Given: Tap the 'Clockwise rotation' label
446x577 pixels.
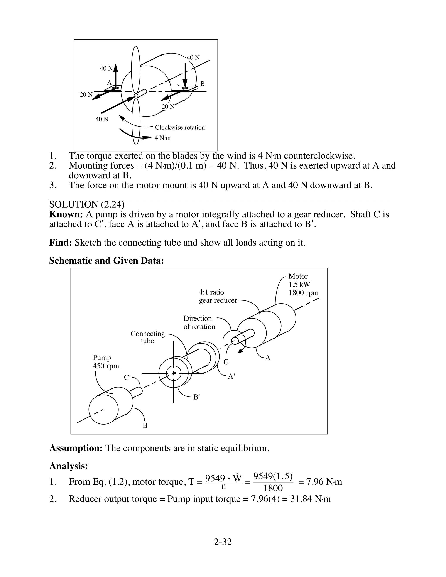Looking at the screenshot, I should click(x=180, y=128).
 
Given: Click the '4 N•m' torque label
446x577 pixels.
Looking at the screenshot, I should click(x=162, y=138).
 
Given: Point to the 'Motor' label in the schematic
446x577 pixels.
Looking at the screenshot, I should click(x=298, y=276).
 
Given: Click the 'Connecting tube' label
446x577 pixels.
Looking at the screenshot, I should click(x=147, y=337).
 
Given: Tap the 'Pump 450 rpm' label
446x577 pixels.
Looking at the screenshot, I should click(x=106, y=362).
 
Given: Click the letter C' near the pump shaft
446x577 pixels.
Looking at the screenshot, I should click(x=127, y=377).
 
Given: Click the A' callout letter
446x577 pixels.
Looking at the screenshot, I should click(x=231, y=376).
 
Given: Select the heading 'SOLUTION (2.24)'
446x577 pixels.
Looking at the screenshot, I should click(x=87, y=204).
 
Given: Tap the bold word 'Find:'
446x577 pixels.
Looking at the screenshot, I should click(x=61, y=243).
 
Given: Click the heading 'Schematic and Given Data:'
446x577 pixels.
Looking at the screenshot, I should click(x=106, y=261).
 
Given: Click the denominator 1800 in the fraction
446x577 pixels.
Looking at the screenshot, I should click(x=273, y=488).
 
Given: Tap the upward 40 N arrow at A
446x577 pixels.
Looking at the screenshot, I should click(x=115, y=75).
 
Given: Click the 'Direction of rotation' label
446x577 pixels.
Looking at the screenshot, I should click(x=199, y=322).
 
